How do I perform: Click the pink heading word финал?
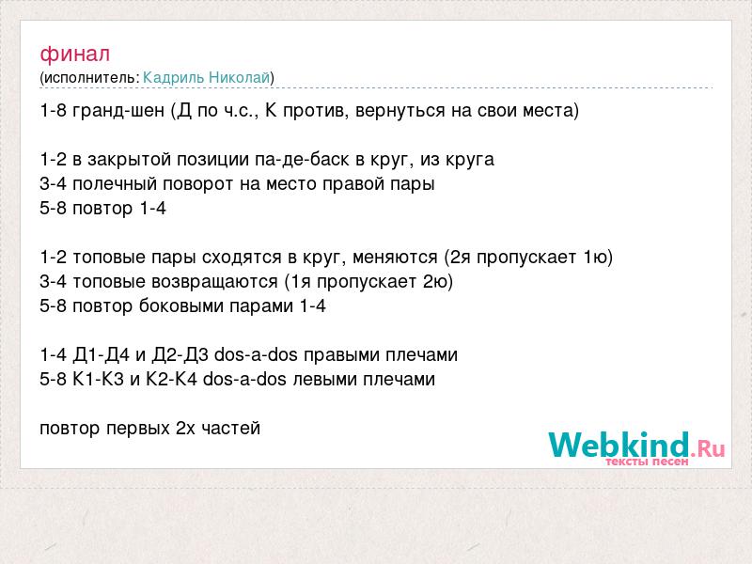pyautogui.click(x=75, y=55)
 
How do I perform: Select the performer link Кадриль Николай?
pyautogui.click(x=207, y=78)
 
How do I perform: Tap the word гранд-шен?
pyautogui.click(x=118, y=111)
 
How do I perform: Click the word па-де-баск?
pyautogui.click(x=302, y=160)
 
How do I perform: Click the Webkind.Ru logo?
pyautogui.click(x=636, y=445)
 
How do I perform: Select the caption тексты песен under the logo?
pyautogui.click(x=647, y=462)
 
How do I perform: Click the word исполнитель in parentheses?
pyautogui.click(x=90, y=78)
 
